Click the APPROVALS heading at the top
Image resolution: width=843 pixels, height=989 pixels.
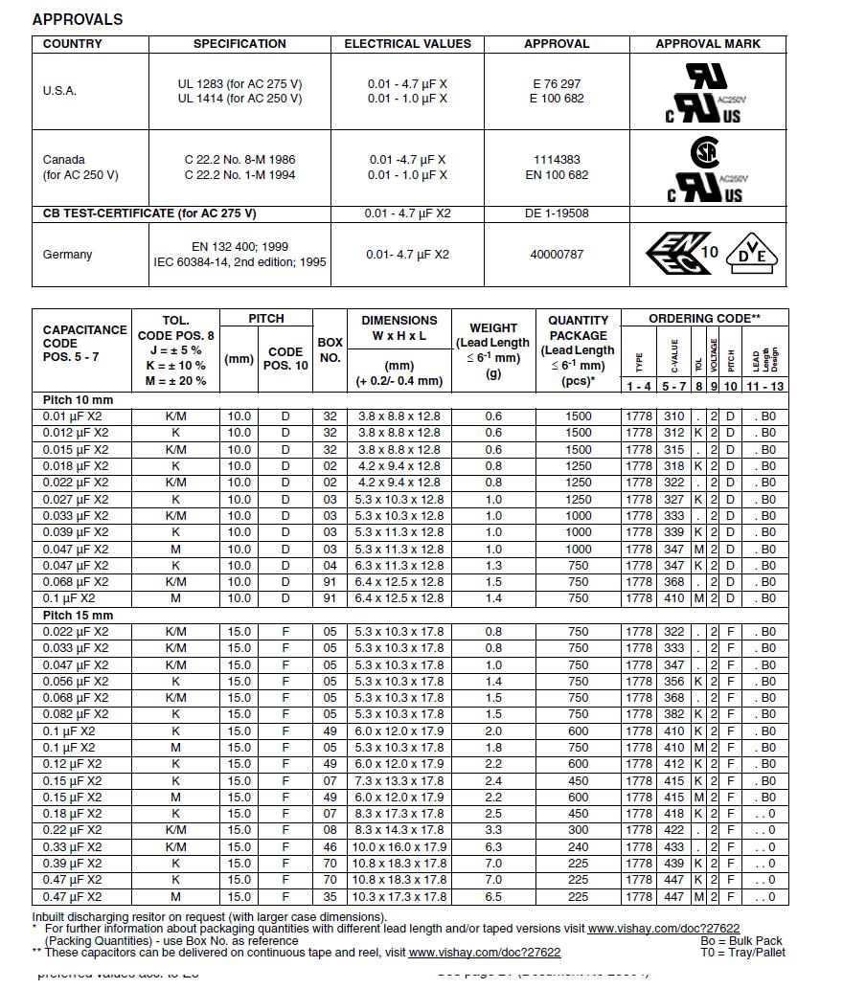(78, 19)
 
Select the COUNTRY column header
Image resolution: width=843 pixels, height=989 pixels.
(72, 44)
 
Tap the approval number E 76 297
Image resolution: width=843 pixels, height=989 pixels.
(557, 84)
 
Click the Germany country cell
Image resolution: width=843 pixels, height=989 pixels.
(68, 255)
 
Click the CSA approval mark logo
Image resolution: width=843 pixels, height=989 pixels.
(705, 152)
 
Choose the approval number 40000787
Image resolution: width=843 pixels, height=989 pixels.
(557, 255)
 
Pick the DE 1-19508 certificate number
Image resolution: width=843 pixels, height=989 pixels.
(557, 214)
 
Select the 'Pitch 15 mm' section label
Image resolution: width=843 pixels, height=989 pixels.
(78, 616)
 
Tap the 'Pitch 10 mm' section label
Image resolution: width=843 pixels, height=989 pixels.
(78, 400)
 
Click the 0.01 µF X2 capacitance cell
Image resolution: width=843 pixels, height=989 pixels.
(76, 416)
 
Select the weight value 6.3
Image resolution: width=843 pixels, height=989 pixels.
(493, 847)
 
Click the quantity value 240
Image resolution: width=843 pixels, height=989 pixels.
(578, 847)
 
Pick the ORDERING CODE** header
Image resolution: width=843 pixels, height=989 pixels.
(704, 318)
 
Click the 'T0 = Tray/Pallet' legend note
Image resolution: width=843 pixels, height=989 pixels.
(742, 953)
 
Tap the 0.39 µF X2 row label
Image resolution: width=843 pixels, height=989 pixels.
(76, 864)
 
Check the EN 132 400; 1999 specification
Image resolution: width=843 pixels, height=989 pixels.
(239, 247)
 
